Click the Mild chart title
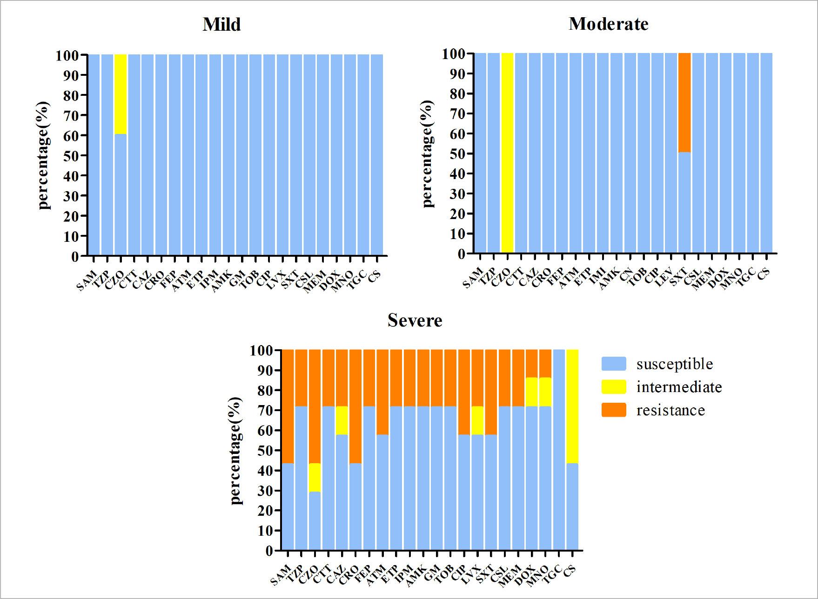tap(221, 24)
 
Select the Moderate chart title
tap(608, 24)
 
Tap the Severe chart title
tap(415, 320)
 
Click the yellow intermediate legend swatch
tap(614, 387)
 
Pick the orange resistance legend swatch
tap(614, 410)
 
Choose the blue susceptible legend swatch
tap(614, 364)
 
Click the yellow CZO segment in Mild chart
tap(121, 94)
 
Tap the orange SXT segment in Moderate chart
tap(684, 102)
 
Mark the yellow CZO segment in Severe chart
tap(315, 477)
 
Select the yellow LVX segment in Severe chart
tap(477, 420)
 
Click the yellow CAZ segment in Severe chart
tap(342, 420)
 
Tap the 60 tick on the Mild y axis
tap(73, 135)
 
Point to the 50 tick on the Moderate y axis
tap(458, 153)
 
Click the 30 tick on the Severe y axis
tap(266, 491)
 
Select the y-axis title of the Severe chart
tap(236, 451)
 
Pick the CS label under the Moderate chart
tap(764, 274)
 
